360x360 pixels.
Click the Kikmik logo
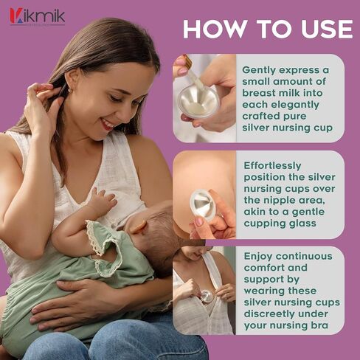coord(38,17)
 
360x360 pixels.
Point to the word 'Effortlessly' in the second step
coord(272,166)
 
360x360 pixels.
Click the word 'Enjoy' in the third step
coord(258,257)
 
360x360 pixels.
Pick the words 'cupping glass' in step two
coord(280,224)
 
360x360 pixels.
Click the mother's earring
coord(70,90)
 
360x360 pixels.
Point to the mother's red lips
coord(108,125)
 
